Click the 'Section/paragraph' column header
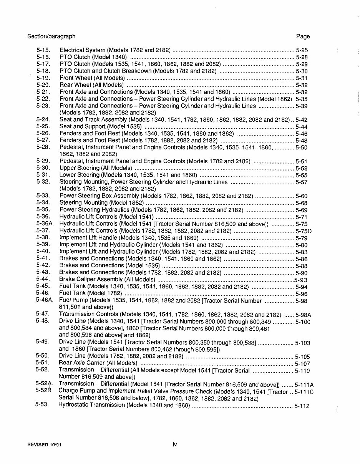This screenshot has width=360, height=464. coord(51,36)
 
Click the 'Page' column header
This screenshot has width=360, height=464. coord(303,36)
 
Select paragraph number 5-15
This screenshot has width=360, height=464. coord(43,50)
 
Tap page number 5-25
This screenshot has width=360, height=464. coord(302,50)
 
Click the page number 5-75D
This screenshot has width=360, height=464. coord(304,231)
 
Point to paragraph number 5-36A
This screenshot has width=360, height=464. coord(45,224)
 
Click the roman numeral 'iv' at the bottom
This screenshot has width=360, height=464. coord(174,444)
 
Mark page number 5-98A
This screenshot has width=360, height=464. coord(304,315)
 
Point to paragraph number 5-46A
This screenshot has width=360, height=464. coord(45,300)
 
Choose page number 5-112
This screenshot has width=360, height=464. coord(302,406)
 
